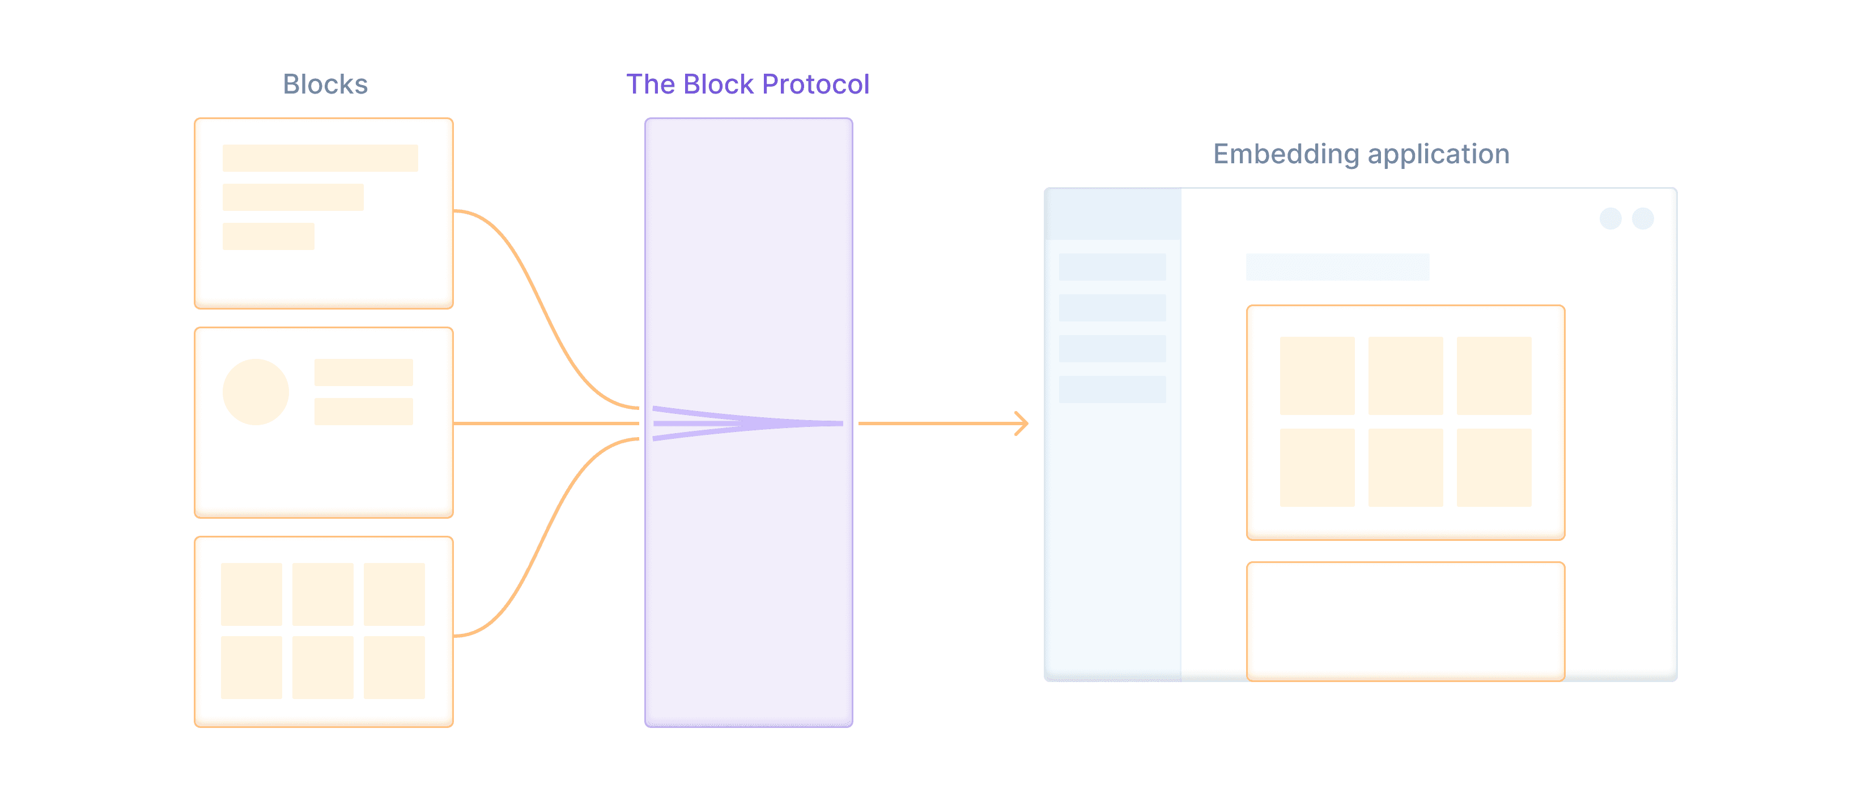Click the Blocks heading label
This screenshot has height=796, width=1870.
coord(325,84)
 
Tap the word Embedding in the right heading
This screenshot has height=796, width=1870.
coord(1286,154)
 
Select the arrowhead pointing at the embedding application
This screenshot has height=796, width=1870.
coord(1022,424)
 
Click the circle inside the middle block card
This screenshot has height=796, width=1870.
coord(256,391)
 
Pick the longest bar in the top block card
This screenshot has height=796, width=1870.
coord(320,158)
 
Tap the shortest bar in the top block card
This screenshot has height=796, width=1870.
coord(268,236)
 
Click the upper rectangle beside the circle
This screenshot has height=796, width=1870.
coord(363,372)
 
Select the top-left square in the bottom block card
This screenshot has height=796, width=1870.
coord(251,594)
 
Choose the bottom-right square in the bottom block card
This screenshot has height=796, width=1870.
coord(394,667)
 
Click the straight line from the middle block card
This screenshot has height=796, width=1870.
coord(545,424)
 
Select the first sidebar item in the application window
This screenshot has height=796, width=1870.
coord(1112,266)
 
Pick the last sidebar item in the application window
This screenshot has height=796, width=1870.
coord(1112,389)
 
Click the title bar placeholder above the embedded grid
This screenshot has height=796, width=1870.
coord(1337,266)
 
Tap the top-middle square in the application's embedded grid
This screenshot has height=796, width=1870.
coord(1405,375)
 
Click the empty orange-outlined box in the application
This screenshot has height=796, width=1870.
coord(1405,621)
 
